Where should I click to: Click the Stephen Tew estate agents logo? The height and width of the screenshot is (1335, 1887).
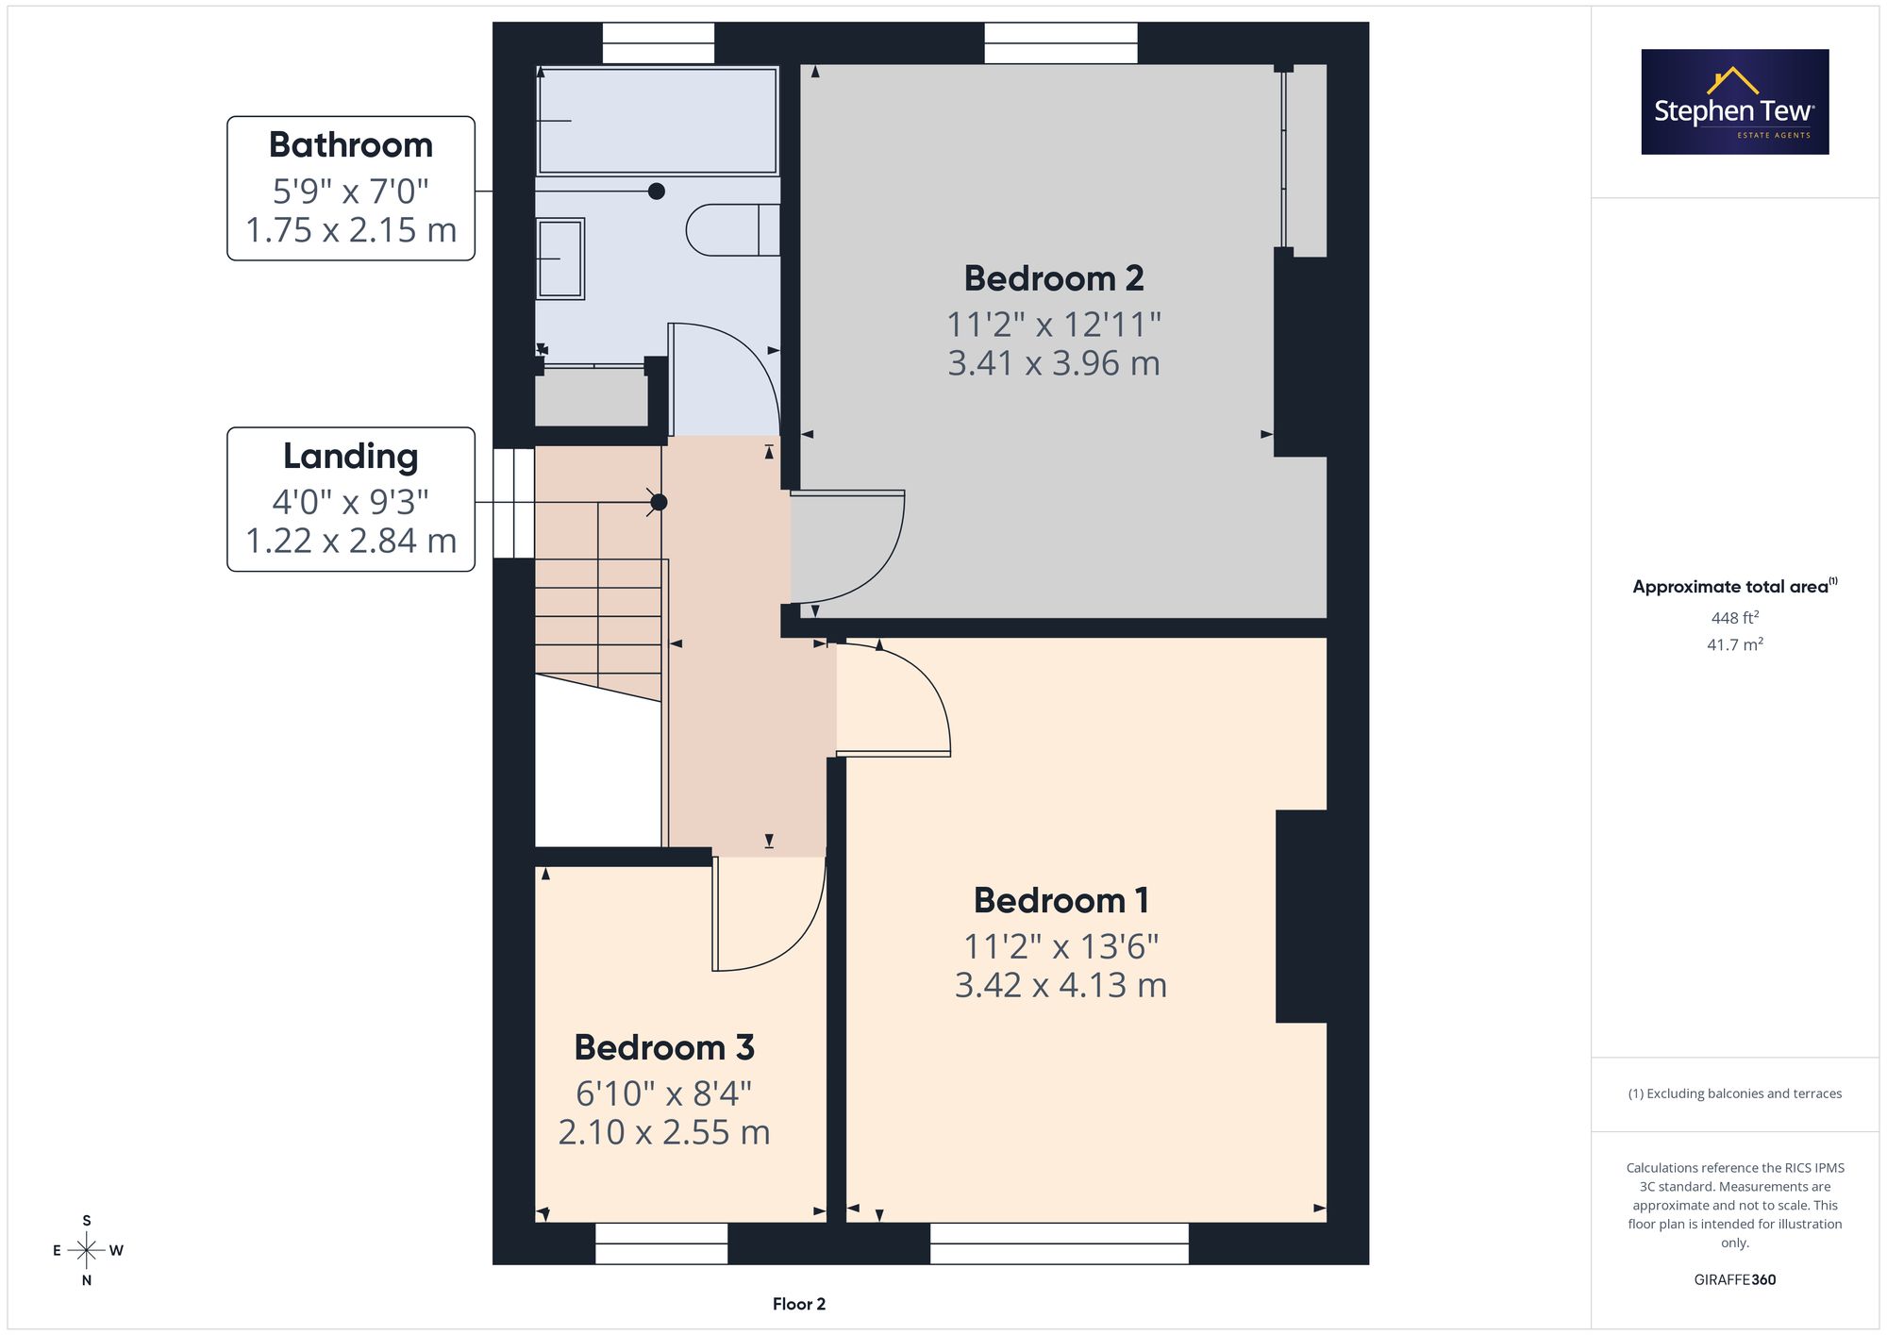click(1735, 102)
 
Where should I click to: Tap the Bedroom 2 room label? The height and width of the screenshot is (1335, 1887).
click(1054, 279)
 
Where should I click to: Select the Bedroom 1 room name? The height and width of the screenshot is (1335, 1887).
click(1061, 901)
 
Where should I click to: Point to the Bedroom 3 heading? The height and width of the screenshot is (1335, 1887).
click(664, 1048)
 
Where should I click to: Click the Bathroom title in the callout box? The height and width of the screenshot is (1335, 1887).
click(351, 145)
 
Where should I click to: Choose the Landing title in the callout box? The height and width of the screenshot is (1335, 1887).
click(351, 457)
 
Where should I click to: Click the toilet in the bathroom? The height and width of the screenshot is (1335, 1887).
click(733, 229)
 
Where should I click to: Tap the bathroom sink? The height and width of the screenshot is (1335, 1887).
click(560, 259)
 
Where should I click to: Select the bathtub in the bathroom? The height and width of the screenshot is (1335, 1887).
click(657, 120)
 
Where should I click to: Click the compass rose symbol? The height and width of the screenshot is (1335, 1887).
click(87, 1251)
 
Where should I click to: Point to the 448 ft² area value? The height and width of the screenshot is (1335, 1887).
click(1735, 618)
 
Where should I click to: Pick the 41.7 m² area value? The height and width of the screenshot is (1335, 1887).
click(1735, 645)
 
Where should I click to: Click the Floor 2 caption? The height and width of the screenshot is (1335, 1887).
click(799, 1305)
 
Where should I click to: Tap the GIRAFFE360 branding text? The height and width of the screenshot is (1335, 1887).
click(1735, 1280)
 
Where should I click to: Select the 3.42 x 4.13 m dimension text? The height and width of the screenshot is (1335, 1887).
click(1061, 986)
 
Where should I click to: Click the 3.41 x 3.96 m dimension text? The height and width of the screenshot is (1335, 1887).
click(1054, 363)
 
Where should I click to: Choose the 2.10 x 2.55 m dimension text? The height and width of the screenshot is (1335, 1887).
click(664, 1132)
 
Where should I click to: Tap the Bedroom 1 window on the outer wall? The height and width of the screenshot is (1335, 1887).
click(1060, 1243)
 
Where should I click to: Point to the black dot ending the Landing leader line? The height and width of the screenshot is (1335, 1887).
click(659, 503)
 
